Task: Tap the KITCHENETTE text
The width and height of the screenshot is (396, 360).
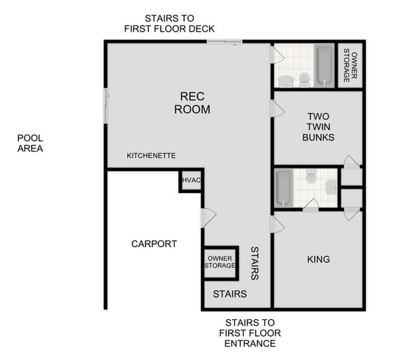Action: point(151,155)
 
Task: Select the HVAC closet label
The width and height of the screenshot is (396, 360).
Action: point(192,180)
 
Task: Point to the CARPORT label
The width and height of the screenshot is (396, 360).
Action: point(154,244)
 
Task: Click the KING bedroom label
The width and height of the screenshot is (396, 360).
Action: point(318,260)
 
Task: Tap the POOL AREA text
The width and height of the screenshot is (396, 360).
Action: point(30,143)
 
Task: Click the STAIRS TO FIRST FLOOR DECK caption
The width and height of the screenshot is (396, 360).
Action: point(169,23)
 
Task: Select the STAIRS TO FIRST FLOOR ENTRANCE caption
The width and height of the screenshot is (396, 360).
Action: point(250,333)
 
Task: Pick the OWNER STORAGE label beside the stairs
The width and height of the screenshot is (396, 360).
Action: point(220,262)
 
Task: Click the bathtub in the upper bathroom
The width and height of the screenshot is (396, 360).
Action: point(324,65)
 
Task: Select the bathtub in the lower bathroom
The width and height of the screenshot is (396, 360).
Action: point(283,187)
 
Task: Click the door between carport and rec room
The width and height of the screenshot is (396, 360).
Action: point(205,218)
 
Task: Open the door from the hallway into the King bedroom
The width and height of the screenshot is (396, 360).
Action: point(277,224)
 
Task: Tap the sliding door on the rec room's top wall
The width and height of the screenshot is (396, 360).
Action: point(225,42)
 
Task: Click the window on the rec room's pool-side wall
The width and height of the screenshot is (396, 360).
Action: point(106,105)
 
